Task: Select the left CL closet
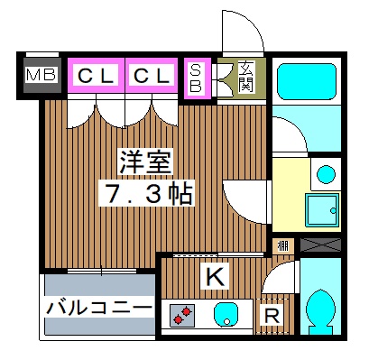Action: click(95, 77)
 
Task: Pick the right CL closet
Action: click(151, 77)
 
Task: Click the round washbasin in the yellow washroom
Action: click(327, 173)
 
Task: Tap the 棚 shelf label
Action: click(282, 245)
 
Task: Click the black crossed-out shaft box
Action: click(320, 244)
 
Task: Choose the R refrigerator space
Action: click(270, 315)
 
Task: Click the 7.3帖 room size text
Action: click(147, 192)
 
